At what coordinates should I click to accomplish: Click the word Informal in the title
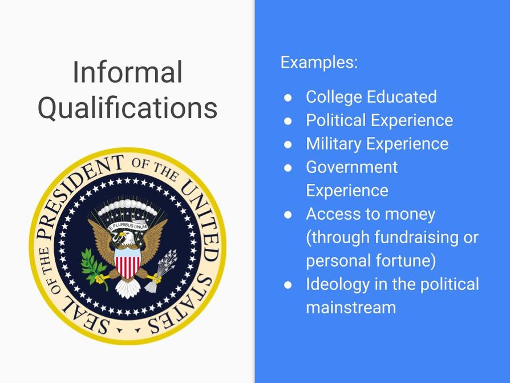[x=127, y=73]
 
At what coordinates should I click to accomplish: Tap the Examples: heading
[x=319, y=62]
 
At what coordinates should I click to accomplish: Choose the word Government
[x=351, y=167]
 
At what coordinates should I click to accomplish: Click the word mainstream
[x=350, y=308]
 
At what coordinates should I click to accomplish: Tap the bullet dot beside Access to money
[x=289, y=215]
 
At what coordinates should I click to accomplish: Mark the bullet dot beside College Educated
[x=289, y=98]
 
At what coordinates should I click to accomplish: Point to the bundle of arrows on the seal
[x=163, y=268]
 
